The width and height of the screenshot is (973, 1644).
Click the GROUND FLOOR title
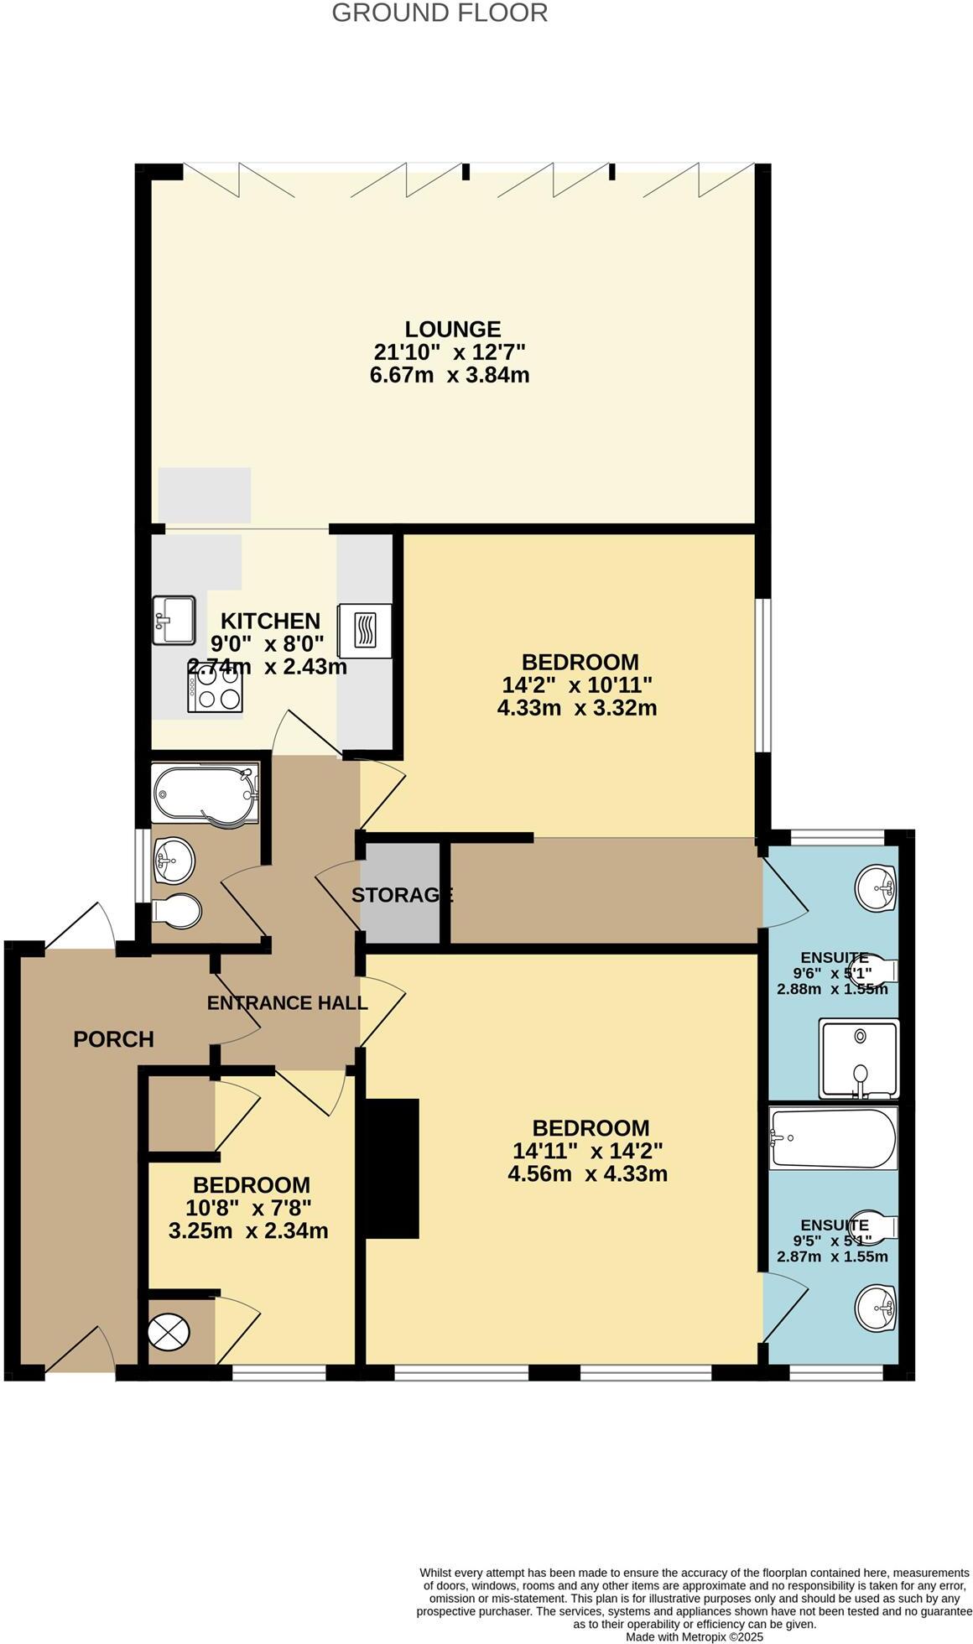pos(439,13)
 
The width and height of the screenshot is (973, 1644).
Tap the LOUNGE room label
pos(452,329)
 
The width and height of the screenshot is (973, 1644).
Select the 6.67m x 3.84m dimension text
pos(449,374)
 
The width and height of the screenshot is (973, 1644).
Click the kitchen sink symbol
pos(173,619)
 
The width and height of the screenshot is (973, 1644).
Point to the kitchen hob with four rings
pos(215,691)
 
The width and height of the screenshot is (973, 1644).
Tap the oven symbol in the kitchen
pos(365,630)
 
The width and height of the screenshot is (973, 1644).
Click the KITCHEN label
pos(270,621)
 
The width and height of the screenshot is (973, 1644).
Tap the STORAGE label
pos(402,895)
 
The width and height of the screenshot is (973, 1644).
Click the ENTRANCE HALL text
pos(287,1002)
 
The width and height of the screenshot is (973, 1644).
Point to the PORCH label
pos(113,1039)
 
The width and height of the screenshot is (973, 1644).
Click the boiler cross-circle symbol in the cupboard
pos(169,1331)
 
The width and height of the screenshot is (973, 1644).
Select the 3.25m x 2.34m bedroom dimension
pos(247,1230)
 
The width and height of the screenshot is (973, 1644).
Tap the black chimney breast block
pos(391,1168)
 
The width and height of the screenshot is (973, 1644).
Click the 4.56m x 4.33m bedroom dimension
pos(587,1173)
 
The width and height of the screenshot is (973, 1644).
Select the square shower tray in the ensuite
pos(858,1058)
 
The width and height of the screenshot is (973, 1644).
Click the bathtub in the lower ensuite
pos(832,1138)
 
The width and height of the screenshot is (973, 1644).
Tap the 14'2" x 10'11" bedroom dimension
pos(576,684)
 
